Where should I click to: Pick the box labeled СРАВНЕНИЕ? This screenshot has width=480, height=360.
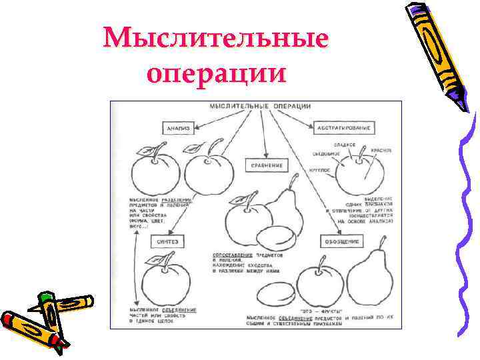click(x=266, y=165)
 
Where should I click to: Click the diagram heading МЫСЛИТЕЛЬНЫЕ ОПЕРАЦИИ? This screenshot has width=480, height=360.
click(x=260, y=107)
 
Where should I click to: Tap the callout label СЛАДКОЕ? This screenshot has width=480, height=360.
click(x=345, y=145)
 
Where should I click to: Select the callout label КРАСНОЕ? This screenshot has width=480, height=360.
click(x=381, y=152)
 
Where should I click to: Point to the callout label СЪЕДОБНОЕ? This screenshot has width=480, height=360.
click(x=327, y=155)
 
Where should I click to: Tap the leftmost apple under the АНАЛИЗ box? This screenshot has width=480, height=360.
click(x=154, y=173)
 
